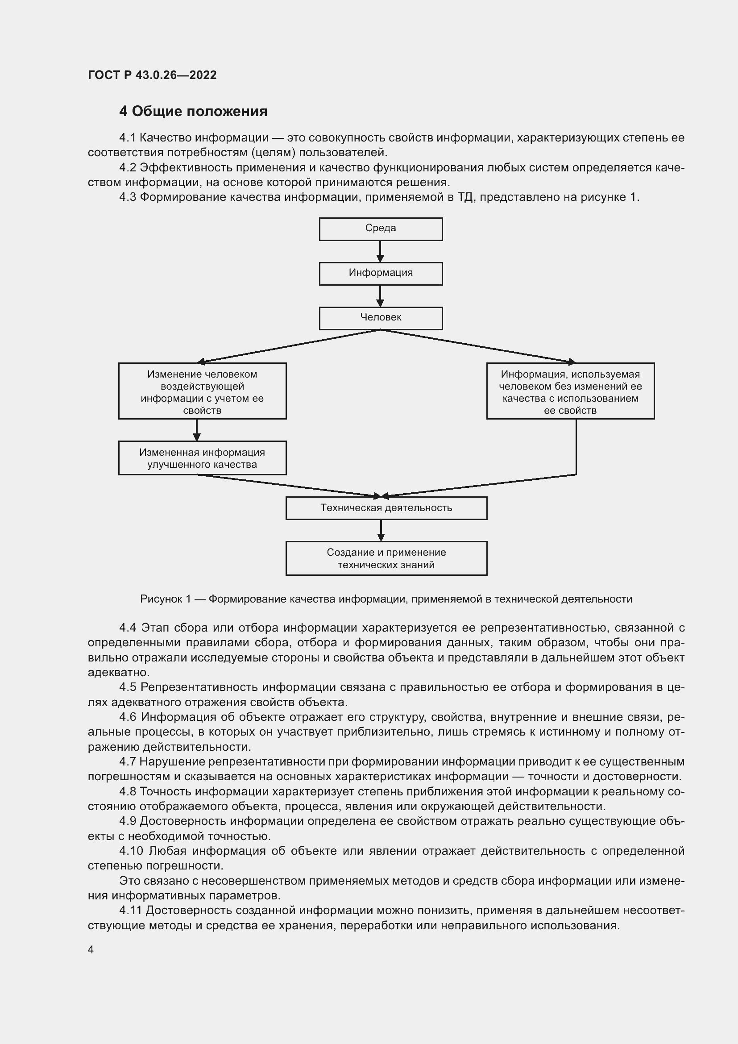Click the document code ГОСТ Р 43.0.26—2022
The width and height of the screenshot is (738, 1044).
[152, 75]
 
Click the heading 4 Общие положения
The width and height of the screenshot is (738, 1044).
[193, 112]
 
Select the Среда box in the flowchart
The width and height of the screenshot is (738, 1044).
[380, 229]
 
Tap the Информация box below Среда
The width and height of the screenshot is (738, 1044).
[380, 273]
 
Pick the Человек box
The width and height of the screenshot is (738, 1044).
[380, 318]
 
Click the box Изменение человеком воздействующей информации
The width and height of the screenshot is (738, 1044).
[202, 391]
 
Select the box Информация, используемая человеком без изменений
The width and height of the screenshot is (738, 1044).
[570, 391]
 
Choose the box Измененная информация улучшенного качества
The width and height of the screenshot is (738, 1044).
[202, 458]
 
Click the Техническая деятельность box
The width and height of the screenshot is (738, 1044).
[386, 507]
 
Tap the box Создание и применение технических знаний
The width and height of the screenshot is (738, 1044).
[386, 558]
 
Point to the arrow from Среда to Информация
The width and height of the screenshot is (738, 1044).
[380, 251]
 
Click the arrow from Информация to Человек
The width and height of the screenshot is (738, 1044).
[380, 295]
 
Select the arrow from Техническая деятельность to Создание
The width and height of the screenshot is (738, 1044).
[381, 530]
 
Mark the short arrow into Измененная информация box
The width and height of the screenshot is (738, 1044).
[196, 430]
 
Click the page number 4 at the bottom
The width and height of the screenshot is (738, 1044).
[91, 949]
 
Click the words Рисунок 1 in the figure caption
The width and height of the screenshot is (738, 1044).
[165, 599]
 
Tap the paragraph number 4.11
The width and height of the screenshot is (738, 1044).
[130, 910]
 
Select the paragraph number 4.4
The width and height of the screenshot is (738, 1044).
[127, 628]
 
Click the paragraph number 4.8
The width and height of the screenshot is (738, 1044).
[127, 791]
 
